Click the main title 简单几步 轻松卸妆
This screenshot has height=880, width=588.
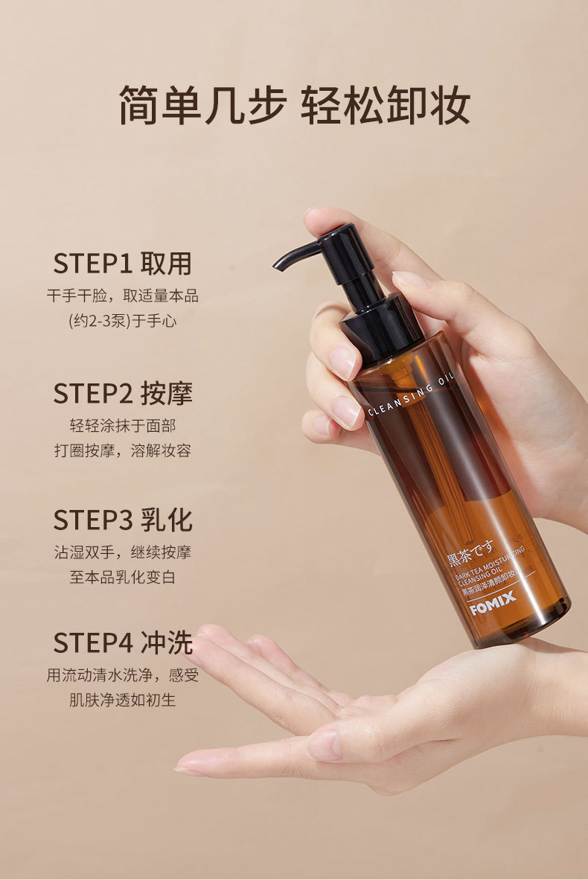(295, 105)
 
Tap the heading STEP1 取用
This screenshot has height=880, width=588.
(122, 264)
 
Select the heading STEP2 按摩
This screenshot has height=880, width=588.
(122, 393)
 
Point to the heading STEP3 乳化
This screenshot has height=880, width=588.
(122, 520)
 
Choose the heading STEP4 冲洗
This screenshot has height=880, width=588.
(122, 643)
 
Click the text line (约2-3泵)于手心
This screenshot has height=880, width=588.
(122, 321)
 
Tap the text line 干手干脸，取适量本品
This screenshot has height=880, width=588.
(122, 296)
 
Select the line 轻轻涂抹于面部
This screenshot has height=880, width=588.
(122, 425)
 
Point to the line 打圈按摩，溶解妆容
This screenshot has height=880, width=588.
(122, 450)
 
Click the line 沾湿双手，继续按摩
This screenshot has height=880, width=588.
(122, 552)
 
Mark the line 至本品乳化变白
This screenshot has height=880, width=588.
(122, 578)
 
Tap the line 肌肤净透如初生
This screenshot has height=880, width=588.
(122, 701)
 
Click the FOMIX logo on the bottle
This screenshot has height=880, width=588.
(493, 603)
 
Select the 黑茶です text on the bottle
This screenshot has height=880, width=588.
(470, 551)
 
